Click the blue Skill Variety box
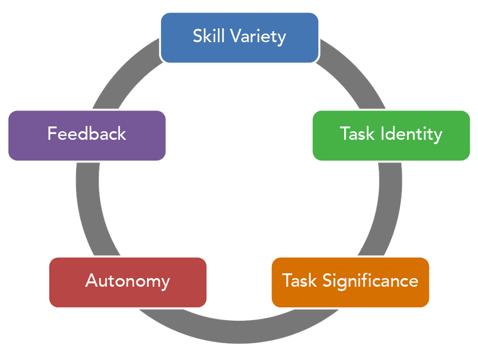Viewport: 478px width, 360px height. [x=239, y=37]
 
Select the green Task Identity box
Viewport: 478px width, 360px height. [x=391, y=135]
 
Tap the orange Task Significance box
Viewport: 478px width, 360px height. [x=350, y=282]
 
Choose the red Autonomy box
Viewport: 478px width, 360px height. [x=128, y=282]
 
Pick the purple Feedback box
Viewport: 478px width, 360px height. [x=87, y=135]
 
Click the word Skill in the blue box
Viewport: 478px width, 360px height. [x=209, y=36]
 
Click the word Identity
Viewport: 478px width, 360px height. [x=412, y=135]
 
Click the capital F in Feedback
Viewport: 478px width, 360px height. [x=52, y=134]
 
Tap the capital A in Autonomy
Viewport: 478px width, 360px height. [x=91, y=281]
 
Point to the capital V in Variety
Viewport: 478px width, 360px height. [x=235, y=36]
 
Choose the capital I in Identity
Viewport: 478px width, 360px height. [x=383, y=134]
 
